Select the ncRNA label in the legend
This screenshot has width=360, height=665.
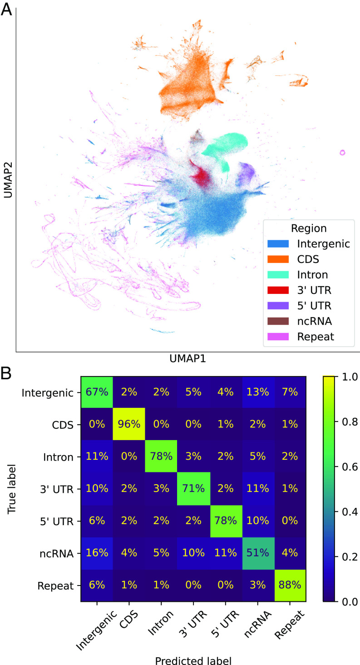coord(314,321)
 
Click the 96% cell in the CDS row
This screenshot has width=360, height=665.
coord(128,425)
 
